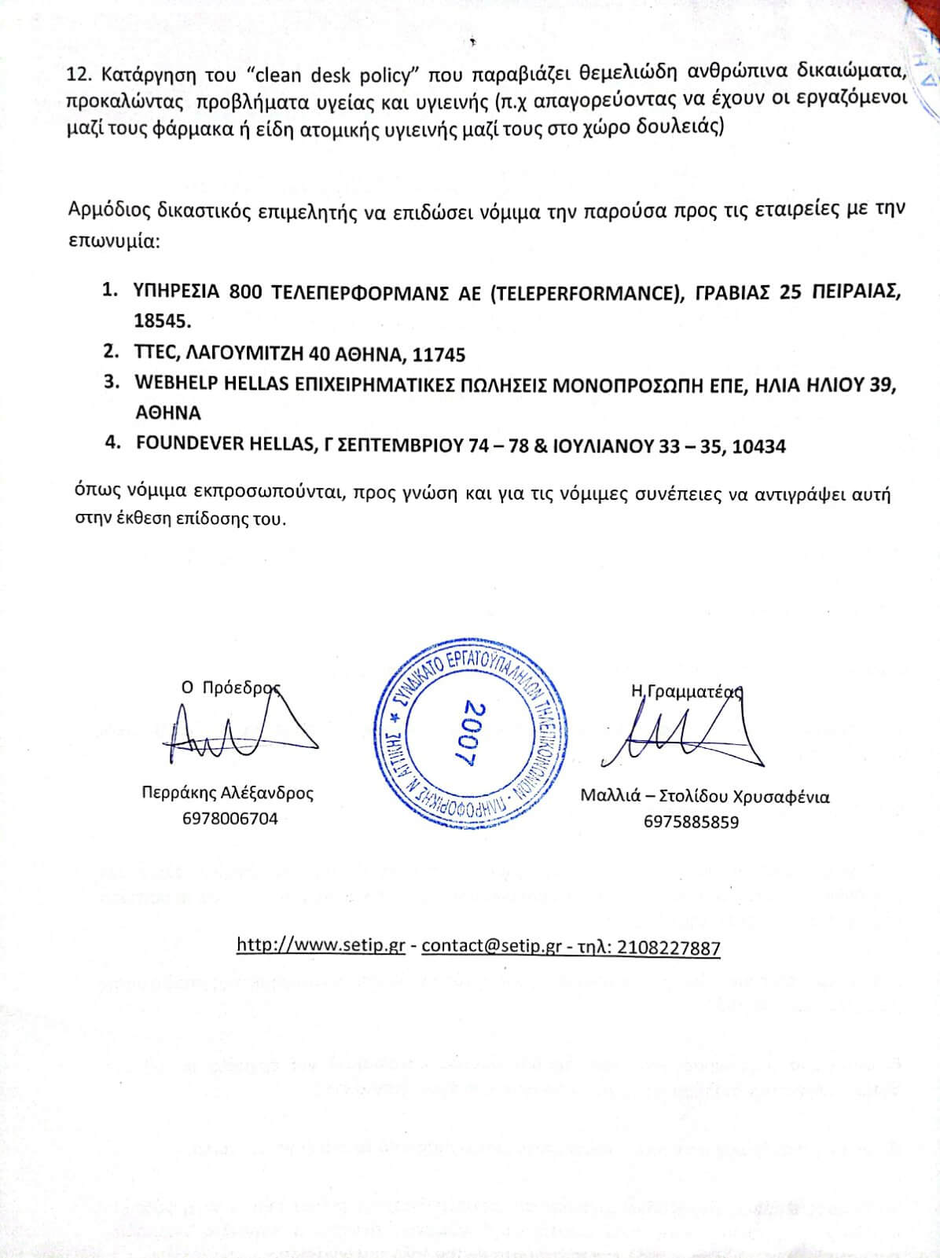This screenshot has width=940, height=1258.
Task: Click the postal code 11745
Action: pos(437,354)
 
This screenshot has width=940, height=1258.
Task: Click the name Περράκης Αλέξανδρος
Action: pos(227,793)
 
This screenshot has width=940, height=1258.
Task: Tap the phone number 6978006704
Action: pos(229,819)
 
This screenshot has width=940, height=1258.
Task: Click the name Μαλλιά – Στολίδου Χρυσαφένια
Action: pos(704,796)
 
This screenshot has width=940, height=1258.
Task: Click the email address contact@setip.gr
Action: pos(491,945)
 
